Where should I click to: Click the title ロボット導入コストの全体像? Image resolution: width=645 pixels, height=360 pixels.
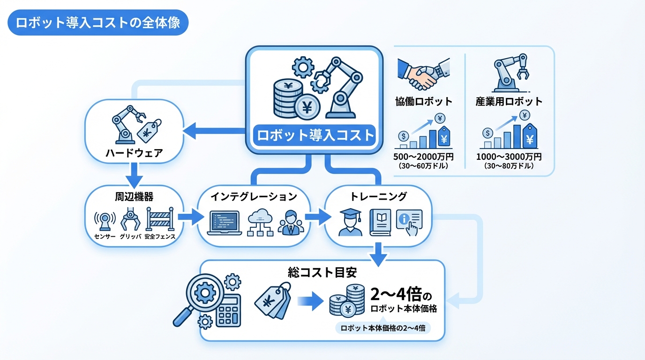(98, 23)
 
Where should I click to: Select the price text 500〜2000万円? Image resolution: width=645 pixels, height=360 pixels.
(424, 157)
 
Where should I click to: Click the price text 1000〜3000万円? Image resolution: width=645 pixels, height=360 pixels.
(509, 157)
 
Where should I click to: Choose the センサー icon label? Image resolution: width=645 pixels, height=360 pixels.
(105, 237)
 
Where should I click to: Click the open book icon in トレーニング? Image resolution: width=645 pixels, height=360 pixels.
(380, 222)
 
